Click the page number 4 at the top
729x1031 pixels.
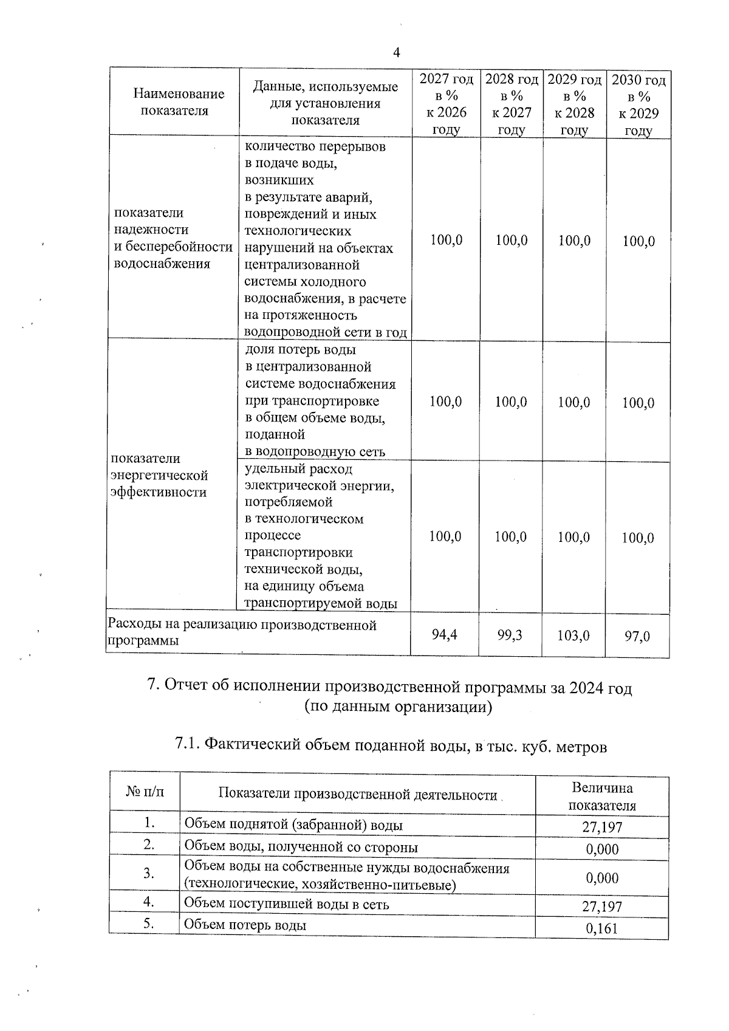(396, 53)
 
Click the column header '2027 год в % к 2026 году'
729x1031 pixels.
(446, 104)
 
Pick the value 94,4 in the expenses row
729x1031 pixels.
(445, 634)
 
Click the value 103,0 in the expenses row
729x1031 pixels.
(573, 635)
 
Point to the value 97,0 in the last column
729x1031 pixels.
(637, 636)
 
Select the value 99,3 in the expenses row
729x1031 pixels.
(510, 635)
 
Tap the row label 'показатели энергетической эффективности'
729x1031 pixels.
(159, 475)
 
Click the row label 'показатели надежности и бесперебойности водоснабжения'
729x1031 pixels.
(173, 238)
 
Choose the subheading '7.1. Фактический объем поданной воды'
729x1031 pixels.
(391, 745)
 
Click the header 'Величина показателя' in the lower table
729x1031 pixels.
(601, 796)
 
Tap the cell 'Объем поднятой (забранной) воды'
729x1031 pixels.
(293, 824)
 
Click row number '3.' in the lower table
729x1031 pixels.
(148, 873)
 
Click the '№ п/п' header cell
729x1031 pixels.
(145, 792)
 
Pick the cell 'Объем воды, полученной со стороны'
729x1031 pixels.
(301, 846)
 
